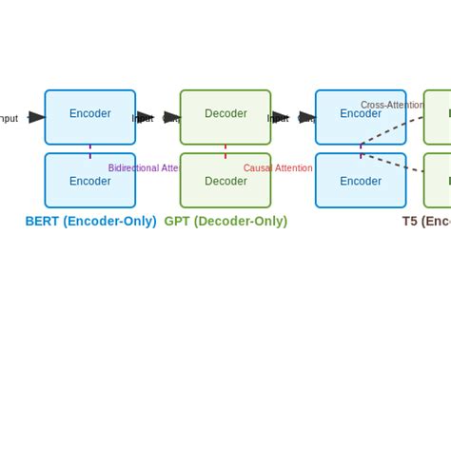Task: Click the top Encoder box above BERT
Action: pyautogui.click(x=89, y=116)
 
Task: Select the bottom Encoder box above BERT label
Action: pyautogui.click(x=89, y=181)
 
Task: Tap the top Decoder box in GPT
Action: pyautogui.click(x=225, y=116)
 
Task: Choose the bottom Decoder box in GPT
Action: pyautogui.click(x=225, y=181)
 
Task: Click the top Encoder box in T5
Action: pyautogui.click(x=361, y=116)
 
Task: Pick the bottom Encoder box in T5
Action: pyautogui.click(x=361, y=181)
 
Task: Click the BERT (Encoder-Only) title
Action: pyautogui.click(x=90, y=222)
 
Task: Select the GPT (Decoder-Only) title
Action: pyautogui.click(x=225, y=222)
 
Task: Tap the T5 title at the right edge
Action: pyautogui.click(x=425, y=222)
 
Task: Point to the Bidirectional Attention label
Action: pyautogui.click(x=144, y=168)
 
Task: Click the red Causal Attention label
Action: pyautogui.click(x=278, y=168)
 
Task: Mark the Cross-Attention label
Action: pyautogui.click(x=391, y=106)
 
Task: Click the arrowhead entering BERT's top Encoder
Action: pyautogui.click(x=37, y=117)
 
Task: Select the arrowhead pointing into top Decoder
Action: pyautogui.click(x=172, y=117)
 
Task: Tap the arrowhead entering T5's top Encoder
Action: pyautogui.click(x=307, y=117)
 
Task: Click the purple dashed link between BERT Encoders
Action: pyautogui.click(x=90, y=149)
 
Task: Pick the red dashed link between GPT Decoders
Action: pyautogui.click(x=225, y=149)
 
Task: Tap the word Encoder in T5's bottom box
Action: pyautogui.click(x=361, y=181)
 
